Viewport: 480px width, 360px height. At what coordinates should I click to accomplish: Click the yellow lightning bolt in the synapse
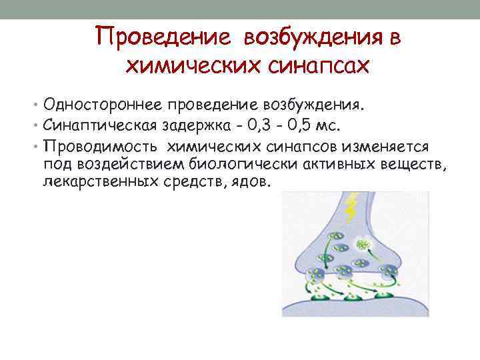pyautogui.click(x=351, y=207)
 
